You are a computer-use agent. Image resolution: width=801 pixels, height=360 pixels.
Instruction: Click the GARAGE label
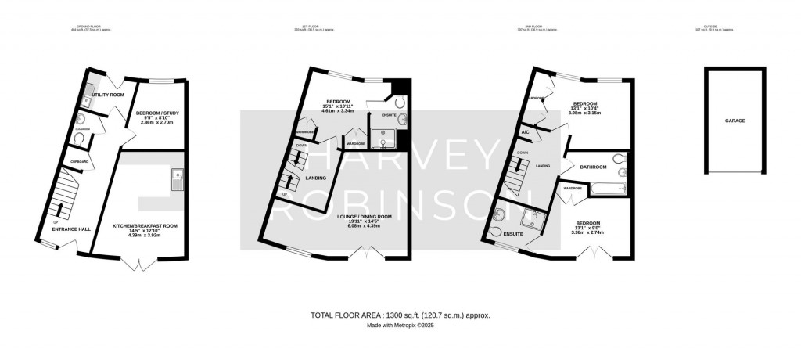tap(734, 121)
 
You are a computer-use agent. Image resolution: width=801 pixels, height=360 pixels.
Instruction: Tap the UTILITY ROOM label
tap(108, 95)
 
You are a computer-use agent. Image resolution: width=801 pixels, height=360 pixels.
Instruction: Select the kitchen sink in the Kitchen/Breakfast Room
tap(178, 179)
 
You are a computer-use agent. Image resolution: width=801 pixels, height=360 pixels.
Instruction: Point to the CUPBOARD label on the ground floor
tap(79, 162)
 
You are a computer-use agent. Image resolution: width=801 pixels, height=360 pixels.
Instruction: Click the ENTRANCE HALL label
tap(71, 229)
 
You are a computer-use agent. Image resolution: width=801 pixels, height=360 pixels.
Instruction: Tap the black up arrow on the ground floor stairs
tap(59, 208)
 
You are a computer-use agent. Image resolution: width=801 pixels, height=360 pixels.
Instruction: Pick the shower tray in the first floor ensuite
tap(384, 139)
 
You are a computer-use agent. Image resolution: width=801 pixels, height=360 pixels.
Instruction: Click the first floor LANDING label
tap(316, 178)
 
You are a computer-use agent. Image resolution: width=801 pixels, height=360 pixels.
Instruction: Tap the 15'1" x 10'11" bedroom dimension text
tap(339, 109)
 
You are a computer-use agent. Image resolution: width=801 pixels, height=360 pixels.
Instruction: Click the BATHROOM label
tap(594, 166)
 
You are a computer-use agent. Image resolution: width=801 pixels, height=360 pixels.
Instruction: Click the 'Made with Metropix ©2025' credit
tap(400, 326)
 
